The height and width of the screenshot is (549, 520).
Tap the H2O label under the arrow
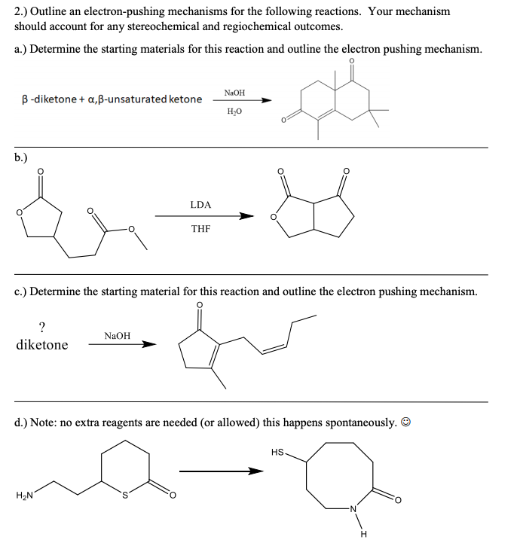click(x=234, y=111)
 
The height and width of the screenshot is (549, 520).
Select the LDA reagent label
click(x=201, y=204)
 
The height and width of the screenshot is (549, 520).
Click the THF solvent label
click(x=201, y=227)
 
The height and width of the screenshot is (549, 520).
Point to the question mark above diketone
click(x=41, y=326)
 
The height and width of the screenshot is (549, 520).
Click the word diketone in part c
click(x=41, y=345)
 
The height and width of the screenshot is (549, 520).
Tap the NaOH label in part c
click(x=118, y=335)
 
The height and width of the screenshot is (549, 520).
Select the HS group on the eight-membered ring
click(x=277, y=452)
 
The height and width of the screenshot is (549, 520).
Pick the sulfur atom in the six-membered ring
click(x=127, y=495)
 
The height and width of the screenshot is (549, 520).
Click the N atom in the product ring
click(x=363, y=513)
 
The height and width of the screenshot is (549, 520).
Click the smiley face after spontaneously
click(x=405, y=423)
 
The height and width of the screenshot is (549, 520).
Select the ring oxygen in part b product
click(x=273, y=218)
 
